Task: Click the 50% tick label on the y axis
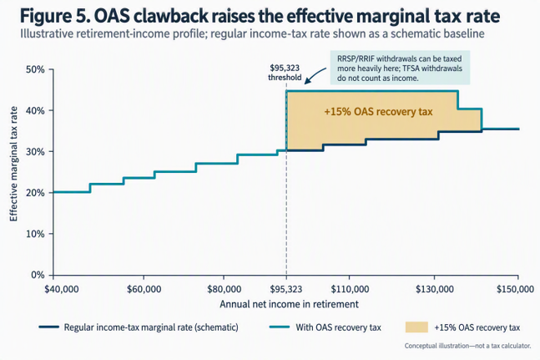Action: click(35, 69)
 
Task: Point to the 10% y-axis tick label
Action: click(35, 234)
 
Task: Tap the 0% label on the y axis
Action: click(38, 275)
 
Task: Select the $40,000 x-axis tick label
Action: click(62, 289)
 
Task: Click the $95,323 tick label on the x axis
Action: click(286, 289)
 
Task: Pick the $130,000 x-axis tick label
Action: click(435, 289)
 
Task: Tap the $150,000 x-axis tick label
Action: click(515, 289)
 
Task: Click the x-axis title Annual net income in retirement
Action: click(290, 304)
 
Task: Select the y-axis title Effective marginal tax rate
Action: click(13, 164)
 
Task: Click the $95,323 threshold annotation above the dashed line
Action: click(285, 73)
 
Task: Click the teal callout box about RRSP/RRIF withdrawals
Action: click(400, 68)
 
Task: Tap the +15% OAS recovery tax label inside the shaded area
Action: click(378, 112)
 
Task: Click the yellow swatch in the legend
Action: click(416, 327)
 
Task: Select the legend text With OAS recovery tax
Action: click(339, 327)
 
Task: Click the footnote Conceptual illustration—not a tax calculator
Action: click(467, 346)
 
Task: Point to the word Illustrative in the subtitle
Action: click(47, 33)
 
